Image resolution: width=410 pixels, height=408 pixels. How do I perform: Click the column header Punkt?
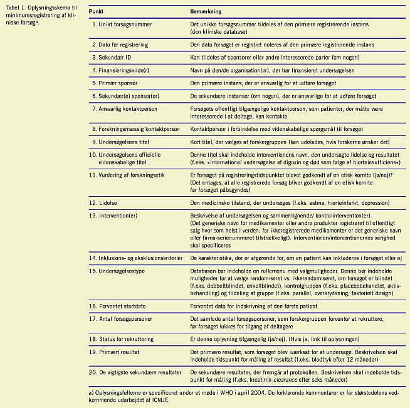coord(97,12)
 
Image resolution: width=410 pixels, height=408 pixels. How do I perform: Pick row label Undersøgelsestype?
coord(125,271)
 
